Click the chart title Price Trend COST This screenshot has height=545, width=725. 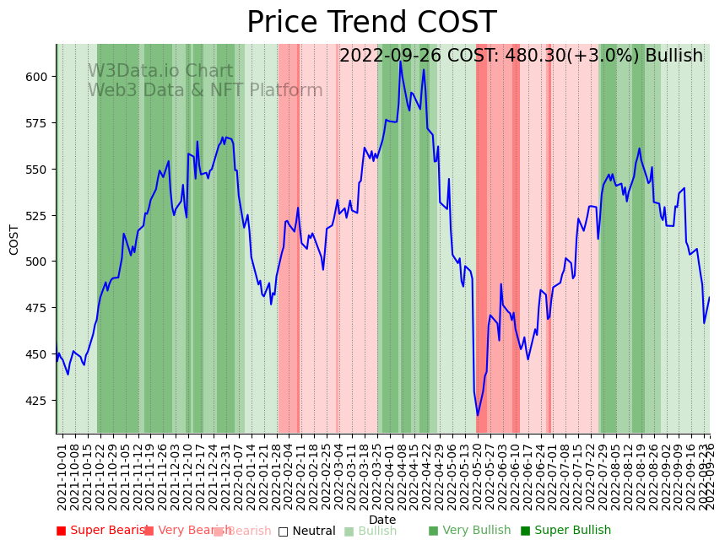pos(371,23)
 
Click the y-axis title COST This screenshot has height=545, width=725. pos(14,240)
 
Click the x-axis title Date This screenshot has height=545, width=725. pos(382,520)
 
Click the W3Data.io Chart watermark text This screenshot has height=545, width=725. pos(160,72)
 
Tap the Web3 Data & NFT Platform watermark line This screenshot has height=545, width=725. pos(205,91)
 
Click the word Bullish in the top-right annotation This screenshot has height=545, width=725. pos(674,57)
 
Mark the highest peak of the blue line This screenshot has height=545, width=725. pos(401,61)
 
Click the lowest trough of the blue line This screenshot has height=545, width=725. pos(477,415)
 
